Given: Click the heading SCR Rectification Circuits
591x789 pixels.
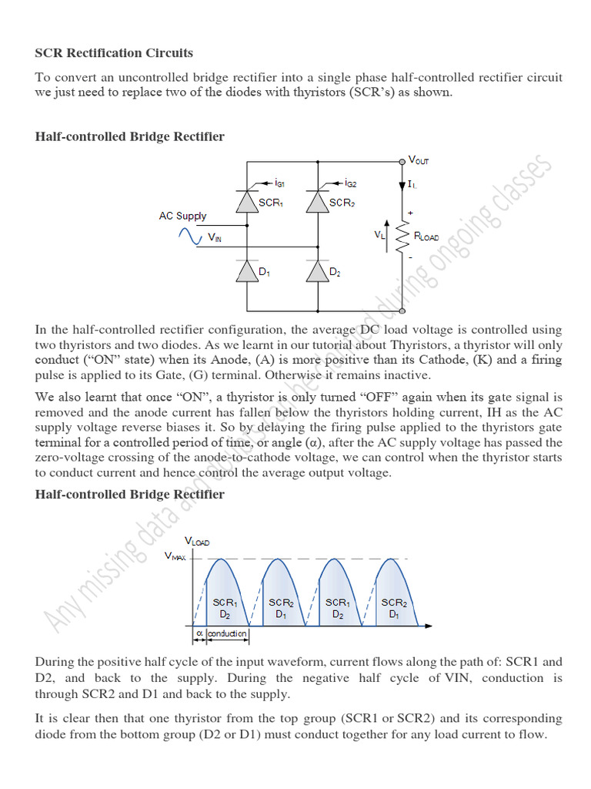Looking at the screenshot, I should [x=114, y=53].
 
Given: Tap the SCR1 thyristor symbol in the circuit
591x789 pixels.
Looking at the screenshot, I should [x=246, y=202].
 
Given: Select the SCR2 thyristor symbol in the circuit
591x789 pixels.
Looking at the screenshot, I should [x=317, y=202].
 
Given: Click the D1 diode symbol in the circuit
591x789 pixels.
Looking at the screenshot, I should [x=246, y=271].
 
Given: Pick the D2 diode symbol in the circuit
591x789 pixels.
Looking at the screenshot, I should [x=317, y=271].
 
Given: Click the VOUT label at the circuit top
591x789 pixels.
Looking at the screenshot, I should [x=419, y=160].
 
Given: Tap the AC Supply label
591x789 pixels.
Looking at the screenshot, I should [x=182, y=217].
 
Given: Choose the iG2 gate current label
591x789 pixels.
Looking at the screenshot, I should [x=351, y=184].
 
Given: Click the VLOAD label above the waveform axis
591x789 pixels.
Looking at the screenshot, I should [x=196, y=542].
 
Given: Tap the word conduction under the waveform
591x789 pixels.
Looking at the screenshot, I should [x=228, y=633].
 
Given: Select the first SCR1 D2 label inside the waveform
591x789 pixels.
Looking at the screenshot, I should [x=225, y=609].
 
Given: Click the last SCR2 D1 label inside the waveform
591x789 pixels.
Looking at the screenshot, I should [x=394, y=609].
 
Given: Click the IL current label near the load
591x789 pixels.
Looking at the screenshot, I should [x=413, y=186].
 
